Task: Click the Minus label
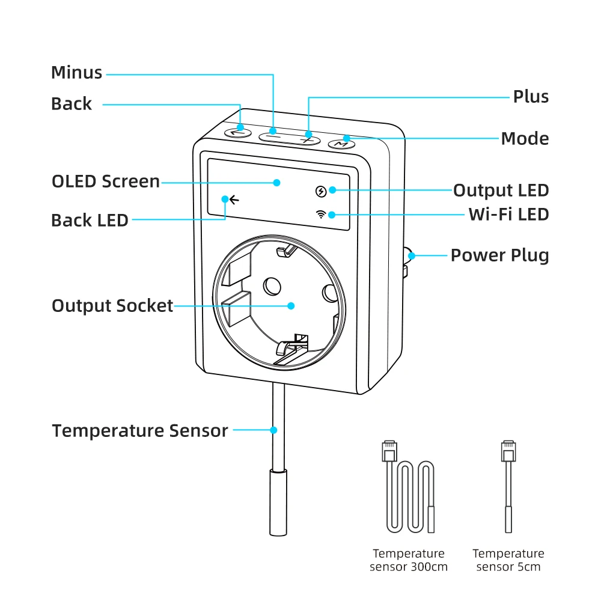tap(76, 73)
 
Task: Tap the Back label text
tap(72, 104)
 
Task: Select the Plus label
tap(531, 97)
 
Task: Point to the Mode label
tap(525, 139)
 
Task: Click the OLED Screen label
tap(106, 182)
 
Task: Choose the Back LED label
tap(90, 220)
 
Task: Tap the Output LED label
tap(501, 191)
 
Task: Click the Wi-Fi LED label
tap(508, 214)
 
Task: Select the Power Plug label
tap(499, 255)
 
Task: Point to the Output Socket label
tap(112, 306)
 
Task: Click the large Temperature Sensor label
tap(140, 431)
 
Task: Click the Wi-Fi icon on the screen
tap(322, 215)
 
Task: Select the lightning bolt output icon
tap(322, 192)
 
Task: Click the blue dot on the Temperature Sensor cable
tap(273, 430)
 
